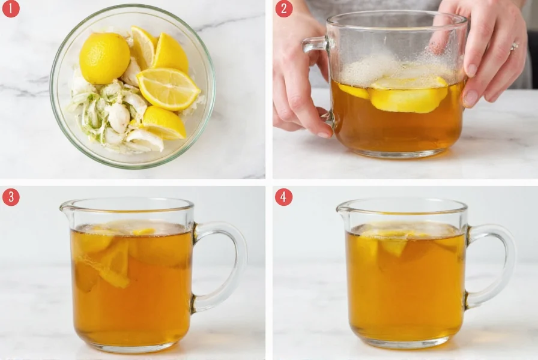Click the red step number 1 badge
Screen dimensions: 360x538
(x=11, y=9)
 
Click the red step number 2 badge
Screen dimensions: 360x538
(x=284, y=9)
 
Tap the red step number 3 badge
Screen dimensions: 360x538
(x=11, y=197)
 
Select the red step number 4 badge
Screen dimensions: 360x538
(x=284, y=197)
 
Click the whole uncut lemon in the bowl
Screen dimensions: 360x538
(x=104, y=58)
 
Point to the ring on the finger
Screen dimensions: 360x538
(x=514, y=47)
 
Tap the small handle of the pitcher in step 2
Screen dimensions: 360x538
(x=313, y=44)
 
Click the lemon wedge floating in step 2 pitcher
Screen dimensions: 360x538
(x=408, y=96)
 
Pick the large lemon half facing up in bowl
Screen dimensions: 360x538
(x=168, y=89)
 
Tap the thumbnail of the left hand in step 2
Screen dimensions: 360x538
(x=324, y=133)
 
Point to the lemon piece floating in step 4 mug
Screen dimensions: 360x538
(x=393, y=245)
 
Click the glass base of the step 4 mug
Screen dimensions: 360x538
(x=406, y=343)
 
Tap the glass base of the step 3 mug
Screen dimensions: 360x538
(x=131, y=346)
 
